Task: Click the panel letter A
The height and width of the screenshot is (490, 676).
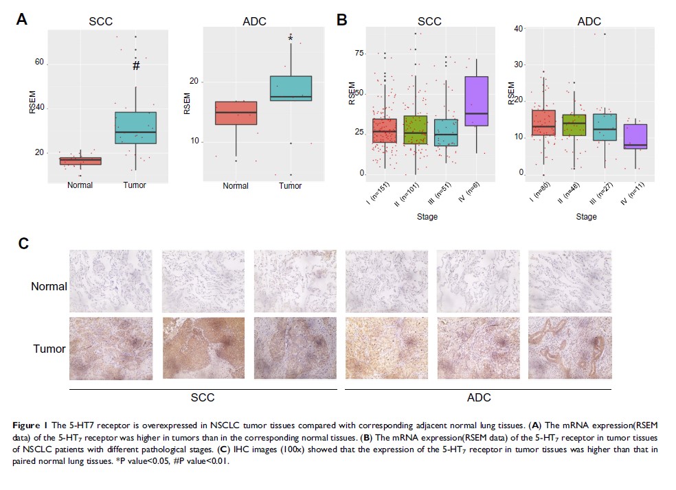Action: coord(22,20)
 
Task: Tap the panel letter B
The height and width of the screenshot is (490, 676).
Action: coord(341,20)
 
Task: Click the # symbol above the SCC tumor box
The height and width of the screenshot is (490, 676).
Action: coord(136,66)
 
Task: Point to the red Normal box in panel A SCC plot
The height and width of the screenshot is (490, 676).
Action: coord(80,161)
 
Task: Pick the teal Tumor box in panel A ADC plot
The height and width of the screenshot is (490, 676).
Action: coord(291,88)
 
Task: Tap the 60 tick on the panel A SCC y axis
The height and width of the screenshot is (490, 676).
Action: coord(39,62)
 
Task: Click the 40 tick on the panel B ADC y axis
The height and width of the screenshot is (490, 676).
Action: coord(519,28)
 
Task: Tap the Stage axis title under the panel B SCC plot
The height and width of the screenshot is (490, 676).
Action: coord(426,217)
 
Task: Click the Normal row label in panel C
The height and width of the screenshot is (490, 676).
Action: coord(49,286)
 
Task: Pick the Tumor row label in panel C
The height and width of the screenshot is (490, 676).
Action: coord(49,349)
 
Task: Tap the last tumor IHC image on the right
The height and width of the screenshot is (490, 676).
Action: coord(570,348)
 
